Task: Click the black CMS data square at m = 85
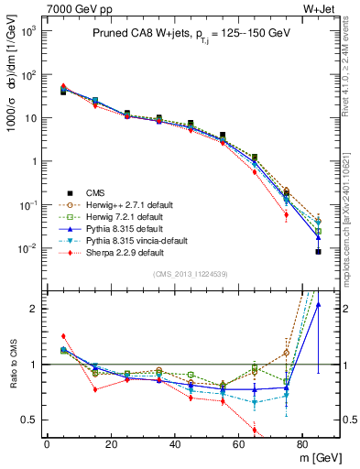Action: (x=318, y=251)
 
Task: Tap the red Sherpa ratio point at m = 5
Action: (x=63, y=336)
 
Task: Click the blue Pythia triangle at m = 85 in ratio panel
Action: (x=318, y=305)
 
